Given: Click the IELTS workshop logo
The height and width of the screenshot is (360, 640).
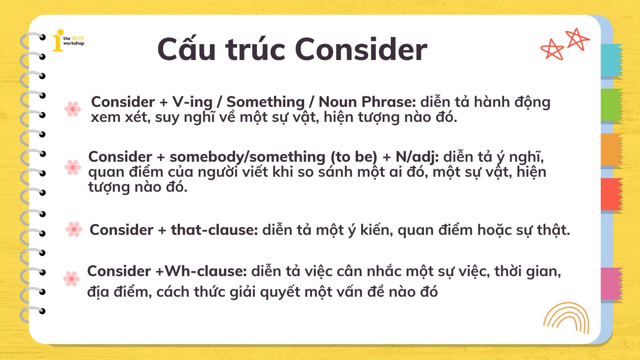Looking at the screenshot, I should pyautogui.click(x=67, y=40).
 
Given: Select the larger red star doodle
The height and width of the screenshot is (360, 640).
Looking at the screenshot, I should pyautogui.click(x=577, y=39).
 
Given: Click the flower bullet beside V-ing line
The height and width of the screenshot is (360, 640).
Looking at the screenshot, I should pyautogui.click(x=73, y=109).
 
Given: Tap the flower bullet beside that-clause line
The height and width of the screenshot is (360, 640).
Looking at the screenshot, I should pyautogui.click(x=74, y=229).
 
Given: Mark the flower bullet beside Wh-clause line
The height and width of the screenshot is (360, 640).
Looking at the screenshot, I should pyautogui.click(x=71, y=278).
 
